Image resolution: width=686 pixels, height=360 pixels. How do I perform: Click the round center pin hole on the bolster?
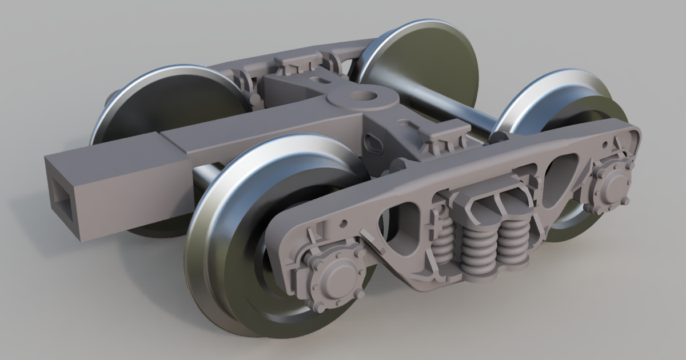pos(364,96)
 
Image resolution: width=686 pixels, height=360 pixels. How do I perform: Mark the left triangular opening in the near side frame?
pos(400,226)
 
